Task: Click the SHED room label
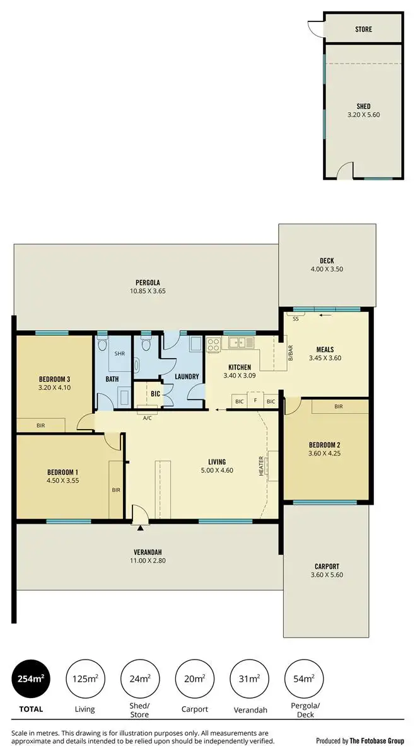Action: click(363, 106)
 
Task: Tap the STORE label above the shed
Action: click(363, 29)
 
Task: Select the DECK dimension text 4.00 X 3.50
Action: click(327, 270)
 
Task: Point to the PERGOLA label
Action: click(147, 282)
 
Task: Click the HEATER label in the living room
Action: click(262, 466)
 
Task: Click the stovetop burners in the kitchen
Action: click(213, 344)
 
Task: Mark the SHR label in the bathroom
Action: click(119, 353)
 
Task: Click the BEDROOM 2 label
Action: click(326, 443)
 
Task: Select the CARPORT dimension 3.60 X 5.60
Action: click(327, 575)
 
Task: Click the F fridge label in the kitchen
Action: click(255, 401)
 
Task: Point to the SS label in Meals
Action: click(296, 319)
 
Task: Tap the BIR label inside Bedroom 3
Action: click(41, 426)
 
